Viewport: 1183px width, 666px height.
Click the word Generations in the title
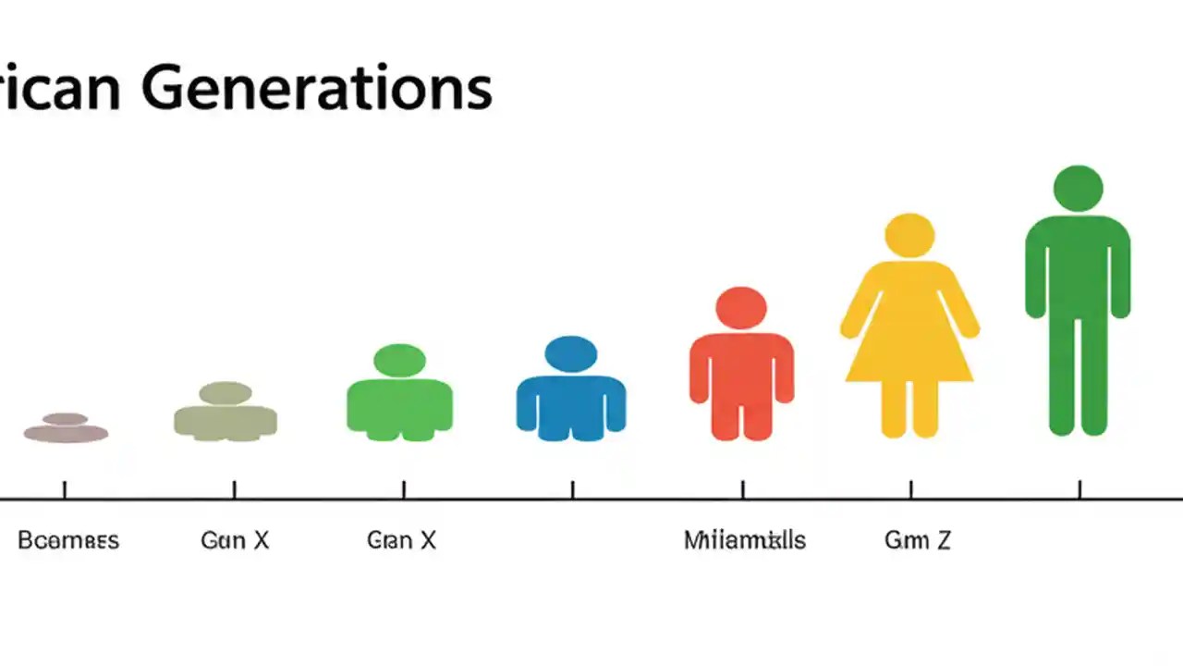317,88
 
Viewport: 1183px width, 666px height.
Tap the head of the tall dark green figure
1078,188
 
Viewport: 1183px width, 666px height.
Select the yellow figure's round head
909,235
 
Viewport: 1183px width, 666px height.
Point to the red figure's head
741,308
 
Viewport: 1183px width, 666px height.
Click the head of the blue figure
571,354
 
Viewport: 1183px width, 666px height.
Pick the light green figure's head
400,361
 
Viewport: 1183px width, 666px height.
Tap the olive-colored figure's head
226,393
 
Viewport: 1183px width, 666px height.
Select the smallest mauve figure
66,428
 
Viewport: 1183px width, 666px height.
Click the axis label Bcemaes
68,540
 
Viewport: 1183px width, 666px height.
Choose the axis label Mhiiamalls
744,540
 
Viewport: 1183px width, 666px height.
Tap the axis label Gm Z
917,540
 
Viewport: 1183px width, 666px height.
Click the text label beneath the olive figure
235,540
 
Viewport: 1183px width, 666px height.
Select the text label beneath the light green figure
401,540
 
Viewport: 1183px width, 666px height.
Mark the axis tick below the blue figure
572,489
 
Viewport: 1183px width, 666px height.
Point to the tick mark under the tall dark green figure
1079,489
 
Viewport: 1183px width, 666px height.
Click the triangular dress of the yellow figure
909,338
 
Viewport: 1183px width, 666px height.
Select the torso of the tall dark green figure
1078,268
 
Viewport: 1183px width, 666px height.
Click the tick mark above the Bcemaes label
65,489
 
